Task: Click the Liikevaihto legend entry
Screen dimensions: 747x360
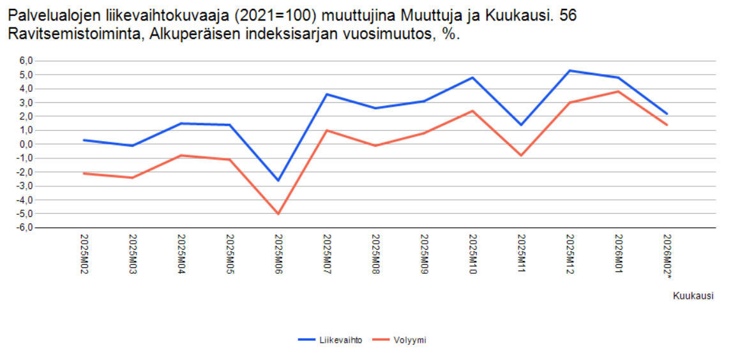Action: coord(330,340)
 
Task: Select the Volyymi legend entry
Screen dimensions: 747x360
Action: coord(399,340)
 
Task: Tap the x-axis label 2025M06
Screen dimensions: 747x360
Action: coord(278,255)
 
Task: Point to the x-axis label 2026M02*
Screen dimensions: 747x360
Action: coord(667,257)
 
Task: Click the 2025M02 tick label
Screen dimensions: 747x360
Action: coord(84,255)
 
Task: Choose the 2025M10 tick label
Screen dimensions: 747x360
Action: coord(472,255)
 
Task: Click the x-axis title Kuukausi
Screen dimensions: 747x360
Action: coord(693,296)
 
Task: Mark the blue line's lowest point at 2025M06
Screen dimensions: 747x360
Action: coord(278,181)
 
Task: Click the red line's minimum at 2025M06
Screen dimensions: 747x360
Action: coord(278,214)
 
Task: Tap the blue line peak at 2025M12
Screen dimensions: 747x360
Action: coord(570,70)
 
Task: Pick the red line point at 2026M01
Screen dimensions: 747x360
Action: coord(619,91)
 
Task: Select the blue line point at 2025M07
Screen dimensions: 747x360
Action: coord(327,94)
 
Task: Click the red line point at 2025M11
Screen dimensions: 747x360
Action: coord(521,155)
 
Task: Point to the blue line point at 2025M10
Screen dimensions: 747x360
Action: coord(472,78)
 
